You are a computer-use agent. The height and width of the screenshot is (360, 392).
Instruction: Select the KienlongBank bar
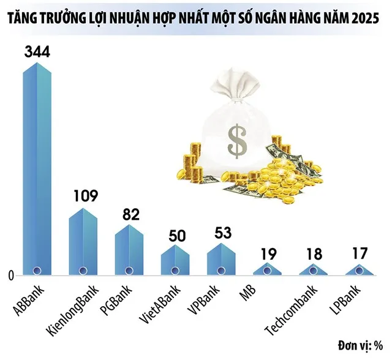pyautogui.click(x=83, y=242)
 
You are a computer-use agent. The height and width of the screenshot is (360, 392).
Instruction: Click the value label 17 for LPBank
pyautogui.click(x=360, y=252)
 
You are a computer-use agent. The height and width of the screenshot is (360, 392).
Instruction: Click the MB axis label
pyautogui.click(x=247, y=293)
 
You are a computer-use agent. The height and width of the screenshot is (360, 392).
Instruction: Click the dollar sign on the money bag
pyautogui.click(x=235, y=140)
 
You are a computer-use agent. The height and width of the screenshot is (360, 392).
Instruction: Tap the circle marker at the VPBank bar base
pyautogui.click(x=221, y=269)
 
